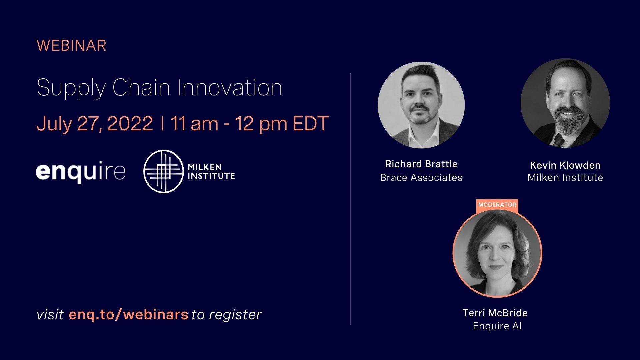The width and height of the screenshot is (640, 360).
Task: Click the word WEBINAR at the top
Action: (71, 46)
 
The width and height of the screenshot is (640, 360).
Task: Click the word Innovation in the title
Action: (230, 88)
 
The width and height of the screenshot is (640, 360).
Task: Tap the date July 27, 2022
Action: (95, 123)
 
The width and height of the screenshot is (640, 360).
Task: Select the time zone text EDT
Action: (311, 123)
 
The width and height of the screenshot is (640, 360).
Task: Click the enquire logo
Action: (81, 172)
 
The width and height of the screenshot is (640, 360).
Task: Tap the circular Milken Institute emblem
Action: (163, 171)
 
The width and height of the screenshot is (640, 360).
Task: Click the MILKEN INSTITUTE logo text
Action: (211, 172)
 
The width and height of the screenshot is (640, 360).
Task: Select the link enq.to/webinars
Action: (128, 314)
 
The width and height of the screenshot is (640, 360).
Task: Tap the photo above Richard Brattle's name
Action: (421, 105)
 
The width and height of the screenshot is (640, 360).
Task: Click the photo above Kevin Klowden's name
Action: (565, 103)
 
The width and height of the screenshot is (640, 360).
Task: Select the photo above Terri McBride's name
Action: (497, 253)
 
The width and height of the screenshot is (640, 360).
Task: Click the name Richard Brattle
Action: (421, 164)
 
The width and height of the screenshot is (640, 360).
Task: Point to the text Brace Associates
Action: (421, 178)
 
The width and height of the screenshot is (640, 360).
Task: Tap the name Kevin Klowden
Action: (565, 165)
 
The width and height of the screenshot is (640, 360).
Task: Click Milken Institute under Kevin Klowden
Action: (565, 178)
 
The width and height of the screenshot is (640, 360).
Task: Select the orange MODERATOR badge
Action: (497, 205)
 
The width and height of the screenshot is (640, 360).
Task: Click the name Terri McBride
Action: (495, 313)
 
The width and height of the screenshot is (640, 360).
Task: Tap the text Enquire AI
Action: (497, 326)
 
